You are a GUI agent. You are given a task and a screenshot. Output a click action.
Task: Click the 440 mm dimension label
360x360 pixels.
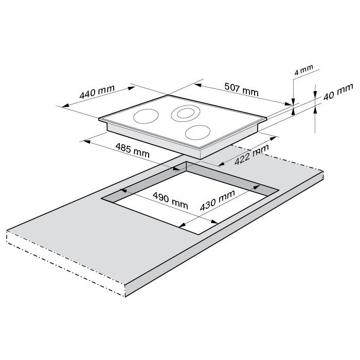pos(97,92)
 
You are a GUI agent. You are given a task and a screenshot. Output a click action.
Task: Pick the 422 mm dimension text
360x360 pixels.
pos(251,155)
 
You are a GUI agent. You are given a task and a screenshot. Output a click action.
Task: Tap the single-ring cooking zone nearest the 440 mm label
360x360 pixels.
pos(146,116)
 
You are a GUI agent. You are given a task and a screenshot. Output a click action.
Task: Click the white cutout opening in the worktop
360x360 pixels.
pos(170,211)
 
